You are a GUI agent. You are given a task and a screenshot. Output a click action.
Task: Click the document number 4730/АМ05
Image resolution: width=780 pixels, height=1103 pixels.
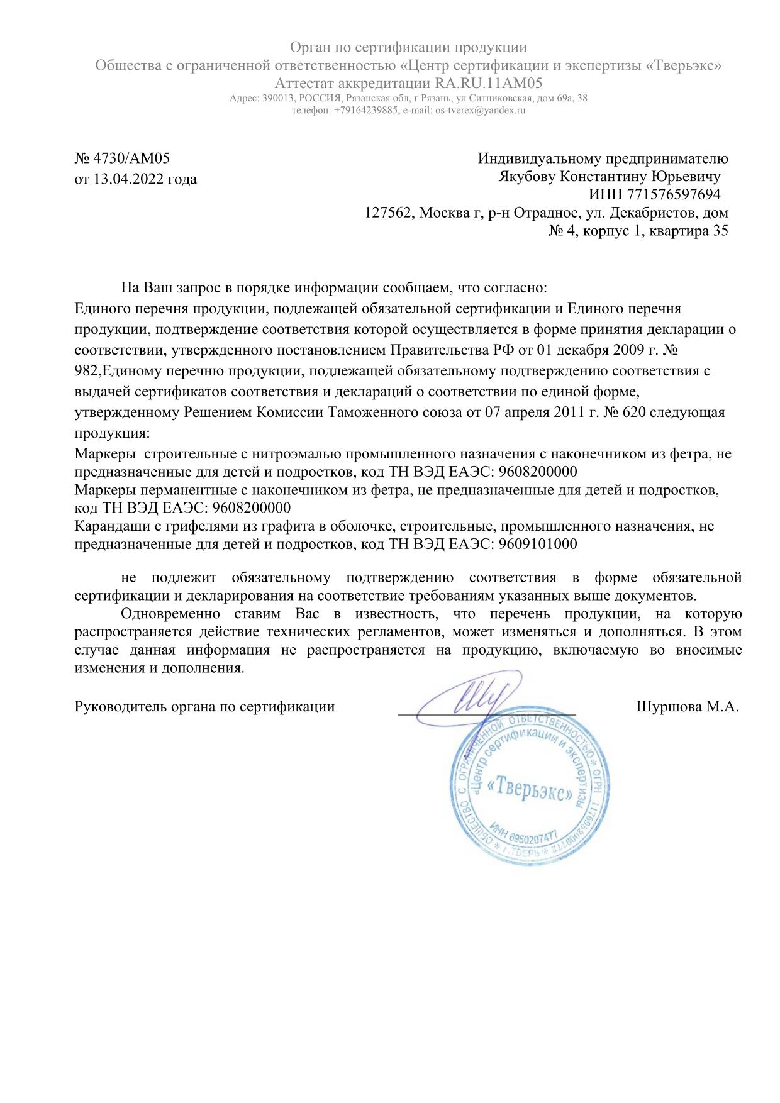point(131,158)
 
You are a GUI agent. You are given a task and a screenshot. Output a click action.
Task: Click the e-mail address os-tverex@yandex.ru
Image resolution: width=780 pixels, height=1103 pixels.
point(480,110)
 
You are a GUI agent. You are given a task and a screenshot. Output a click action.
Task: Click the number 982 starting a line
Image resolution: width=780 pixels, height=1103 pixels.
point(86,371)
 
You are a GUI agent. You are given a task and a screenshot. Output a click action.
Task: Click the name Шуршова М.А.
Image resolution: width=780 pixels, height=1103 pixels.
point(688,706)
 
